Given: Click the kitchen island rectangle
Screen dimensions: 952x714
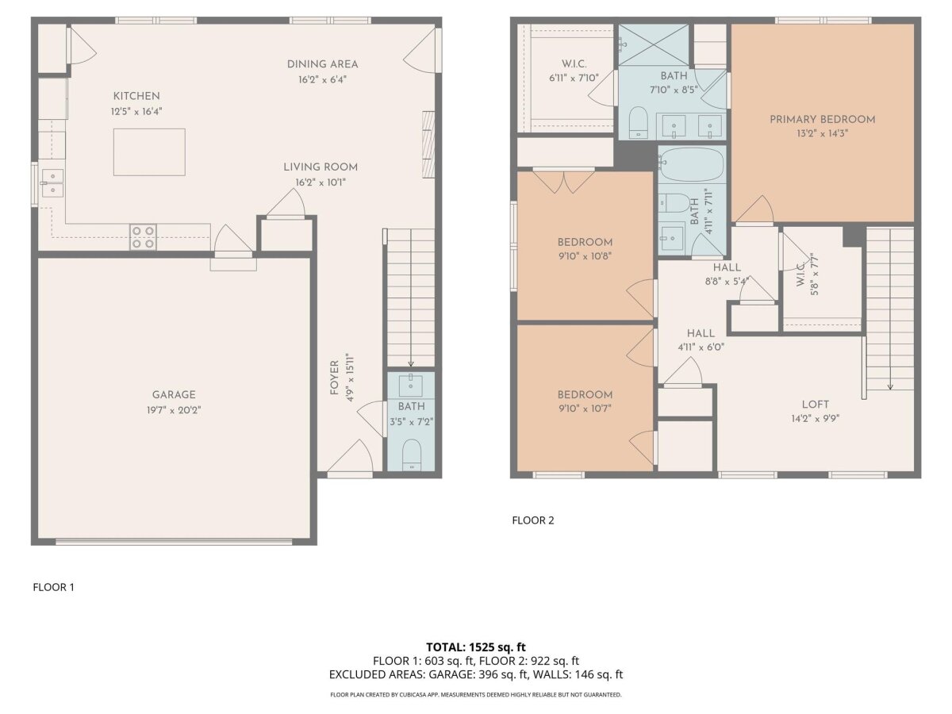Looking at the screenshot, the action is click(149, 152).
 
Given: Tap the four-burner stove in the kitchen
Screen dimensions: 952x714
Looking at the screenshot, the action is click(143, 237).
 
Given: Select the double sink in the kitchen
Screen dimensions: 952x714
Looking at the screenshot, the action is click(52, 183).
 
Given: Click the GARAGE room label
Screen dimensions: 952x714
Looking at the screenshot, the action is click(174, 394).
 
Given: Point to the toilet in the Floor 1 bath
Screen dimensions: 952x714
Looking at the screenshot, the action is click(411, 455).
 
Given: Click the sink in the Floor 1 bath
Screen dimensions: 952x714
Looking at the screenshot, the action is click(411, 386).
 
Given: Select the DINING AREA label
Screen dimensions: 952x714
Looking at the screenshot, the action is click(322, 64).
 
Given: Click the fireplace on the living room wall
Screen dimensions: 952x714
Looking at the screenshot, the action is click(428, 144).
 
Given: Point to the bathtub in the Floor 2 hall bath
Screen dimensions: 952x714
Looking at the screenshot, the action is click(691, 164).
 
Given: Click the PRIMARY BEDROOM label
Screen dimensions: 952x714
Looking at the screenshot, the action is click(823, 119).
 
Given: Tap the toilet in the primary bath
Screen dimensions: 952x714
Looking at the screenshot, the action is click(638, 123).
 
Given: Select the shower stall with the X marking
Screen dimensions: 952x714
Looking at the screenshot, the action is click(653, 44).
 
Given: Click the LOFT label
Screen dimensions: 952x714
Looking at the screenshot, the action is click(816, 405).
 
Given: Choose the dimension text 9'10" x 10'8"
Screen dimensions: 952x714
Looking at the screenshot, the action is click(585, 255).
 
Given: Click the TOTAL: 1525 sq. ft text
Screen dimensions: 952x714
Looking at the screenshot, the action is click(476, 647).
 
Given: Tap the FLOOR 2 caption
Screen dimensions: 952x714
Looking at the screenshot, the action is click(533, 520).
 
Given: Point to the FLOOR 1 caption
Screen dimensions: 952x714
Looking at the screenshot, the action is click(53, 587).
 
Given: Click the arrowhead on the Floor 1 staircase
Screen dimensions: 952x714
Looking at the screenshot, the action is click(411, 364).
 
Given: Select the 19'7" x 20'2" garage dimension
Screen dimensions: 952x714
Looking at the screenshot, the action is click(174, 410).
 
